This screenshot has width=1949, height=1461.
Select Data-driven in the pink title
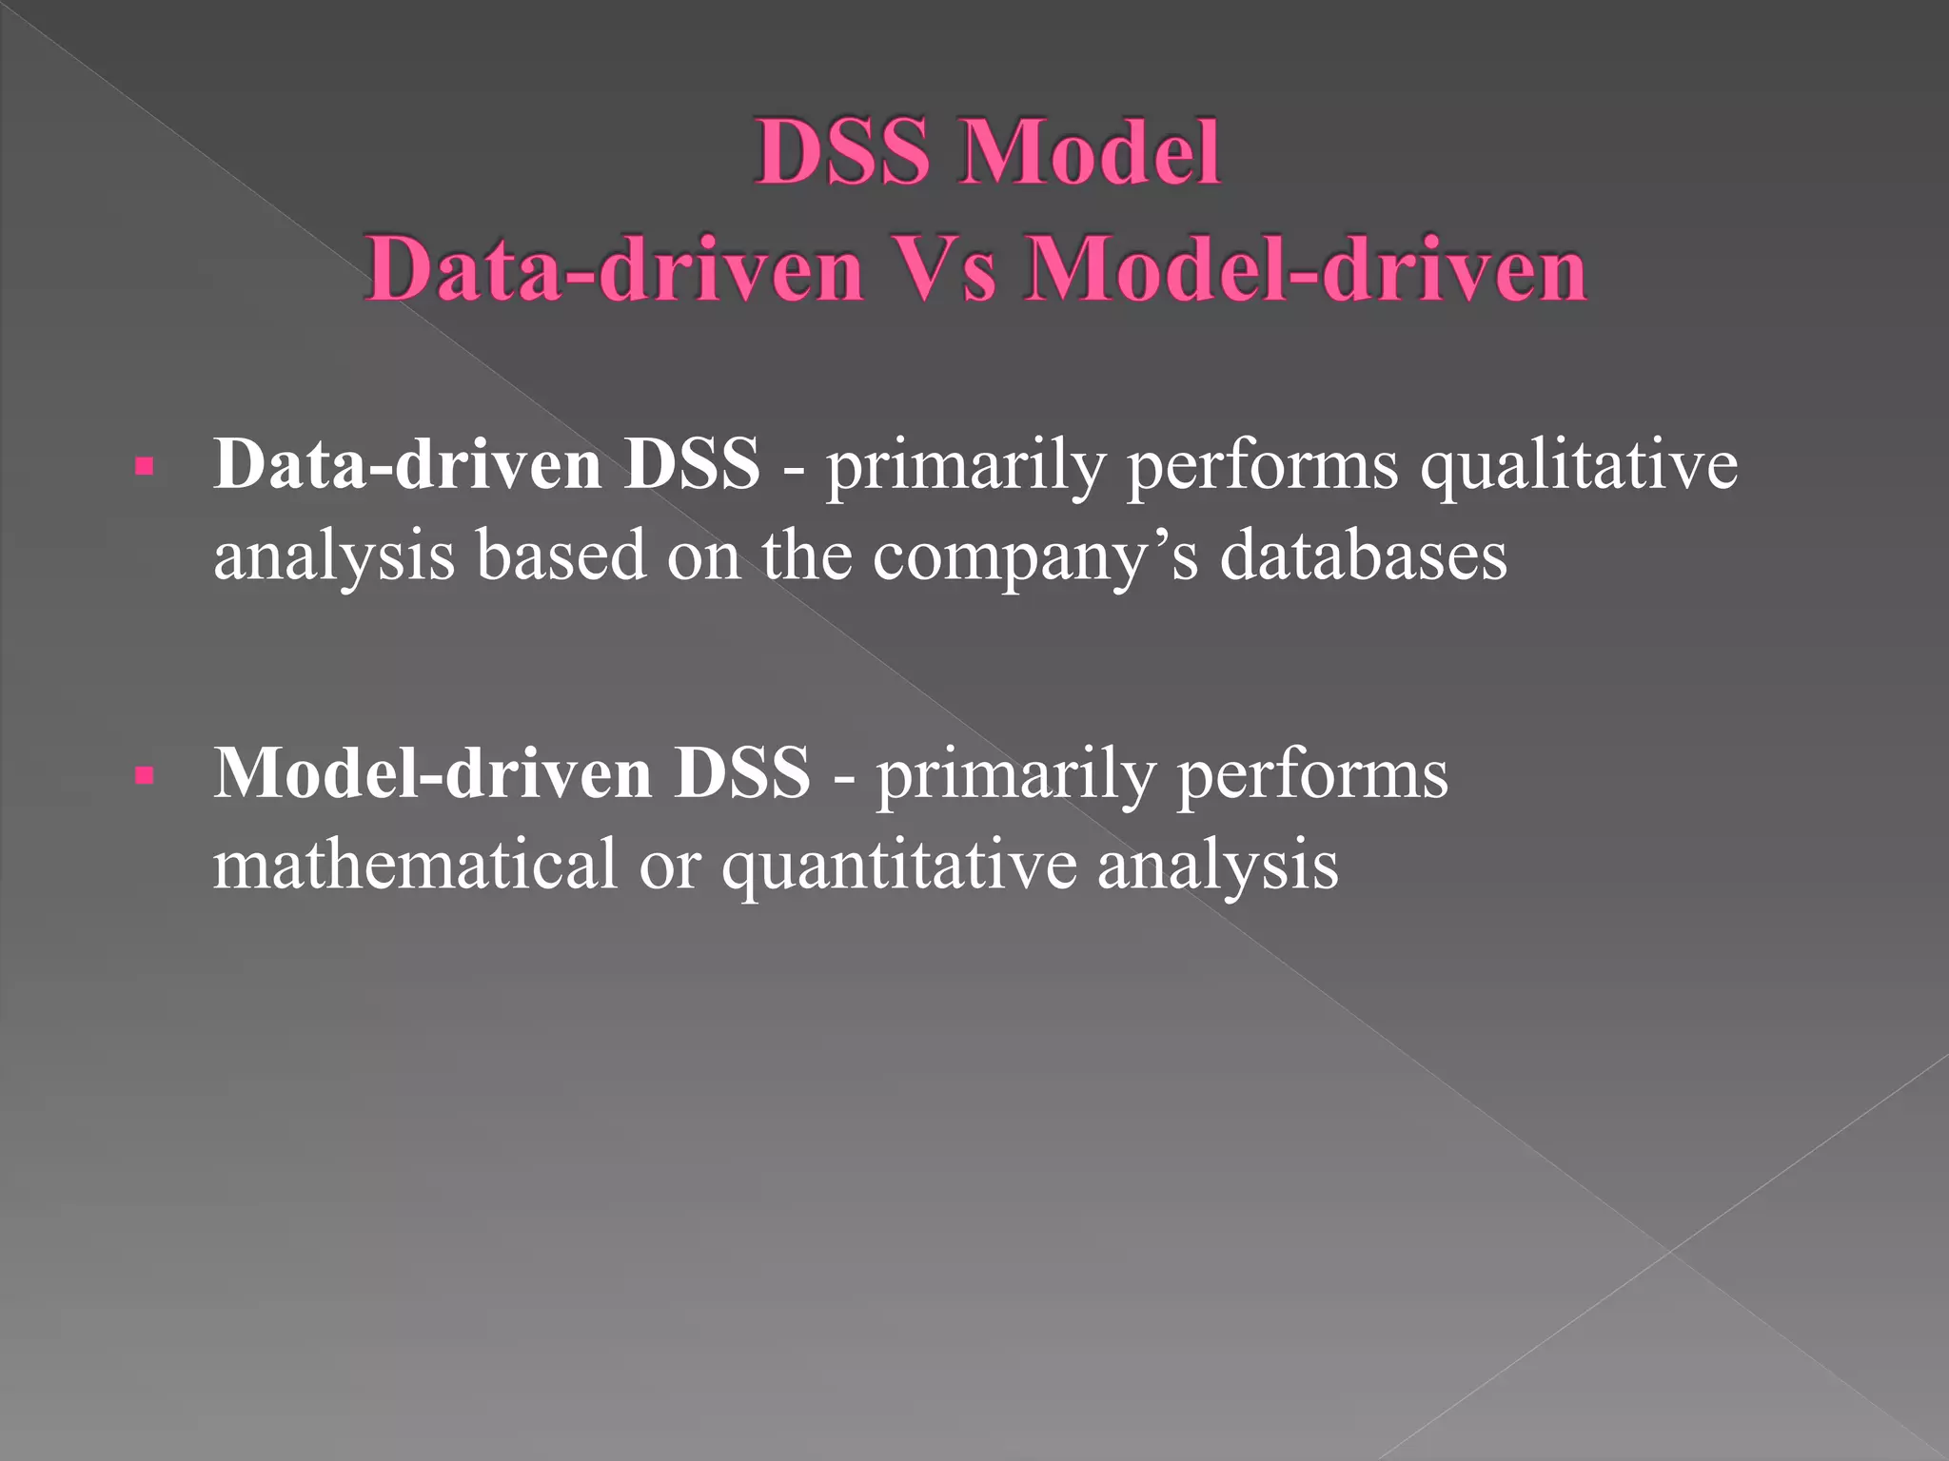(614, 269)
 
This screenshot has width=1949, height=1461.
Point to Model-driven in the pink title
(1305, 269)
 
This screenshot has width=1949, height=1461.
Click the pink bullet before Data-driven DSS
(145, 467)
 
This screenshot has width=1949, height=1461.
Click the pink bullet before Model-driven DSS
(145, 775)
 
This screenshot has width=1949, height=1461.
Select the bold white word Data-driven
(407, 465)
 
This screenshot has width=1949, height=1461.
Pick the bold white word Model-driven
(433, 773)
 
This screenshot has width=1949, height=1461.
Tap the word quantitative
(898, 867)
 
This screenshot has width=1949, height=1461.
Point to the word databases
(1363, 556)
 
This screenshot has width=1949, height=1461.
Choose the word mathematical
(415, 865)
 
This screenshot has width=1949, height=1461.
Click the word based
(561, 556)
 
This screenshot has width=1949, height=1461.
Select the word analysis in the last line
(1217, 867)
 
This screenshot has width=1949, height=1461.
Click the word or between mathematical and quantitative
(669, 867)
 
